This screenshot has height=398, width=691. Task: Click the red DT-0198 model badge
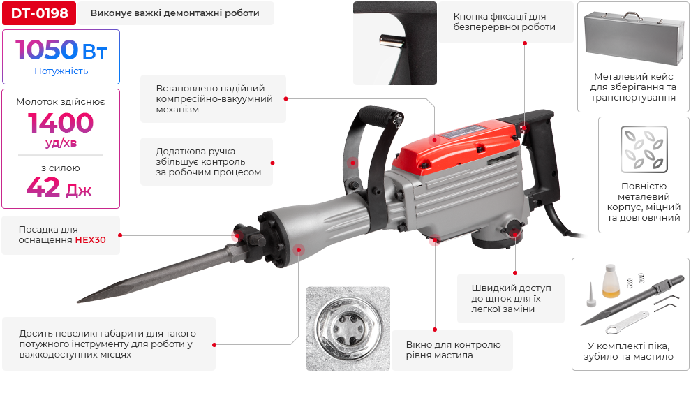tap(39, 13)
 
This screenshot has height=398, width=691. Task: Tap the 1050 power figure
tap(47, 50)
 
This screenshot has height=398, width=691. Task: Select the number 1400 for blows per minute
tap(61, 123)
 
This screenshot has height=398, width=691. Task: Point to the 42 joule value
tap(43, 187)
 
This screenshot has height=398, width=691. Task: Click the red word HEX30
tap(90, 239)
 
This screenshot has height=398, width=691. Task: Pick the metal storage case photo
tap(633, 34)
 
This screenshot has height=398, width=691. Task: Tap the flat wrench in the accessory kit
tap(627, 322)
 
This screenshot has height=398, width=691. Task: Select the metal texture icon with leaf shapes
tap(644, 149)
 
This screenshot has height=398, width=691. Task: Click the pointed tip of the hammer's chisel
tap(78, 302)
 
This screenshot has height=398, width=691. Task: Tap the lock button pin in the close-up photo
tap(392, 40)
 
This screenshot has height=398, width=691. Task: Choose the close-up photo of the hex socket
tap(348, 329)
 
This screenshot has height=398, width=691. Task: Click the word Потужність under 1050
tap(61, 71)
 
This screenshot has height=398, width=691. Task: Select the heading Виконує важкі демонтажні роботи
tap(175, 13)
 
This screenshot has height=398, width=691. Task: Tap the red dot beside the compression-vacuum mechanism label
tap(286, 98)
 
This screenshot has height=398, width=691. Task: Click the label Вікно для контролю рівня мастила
tap(454, 350)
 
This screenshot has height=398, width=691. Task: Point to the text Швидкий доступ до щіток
tap(511, 293)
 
